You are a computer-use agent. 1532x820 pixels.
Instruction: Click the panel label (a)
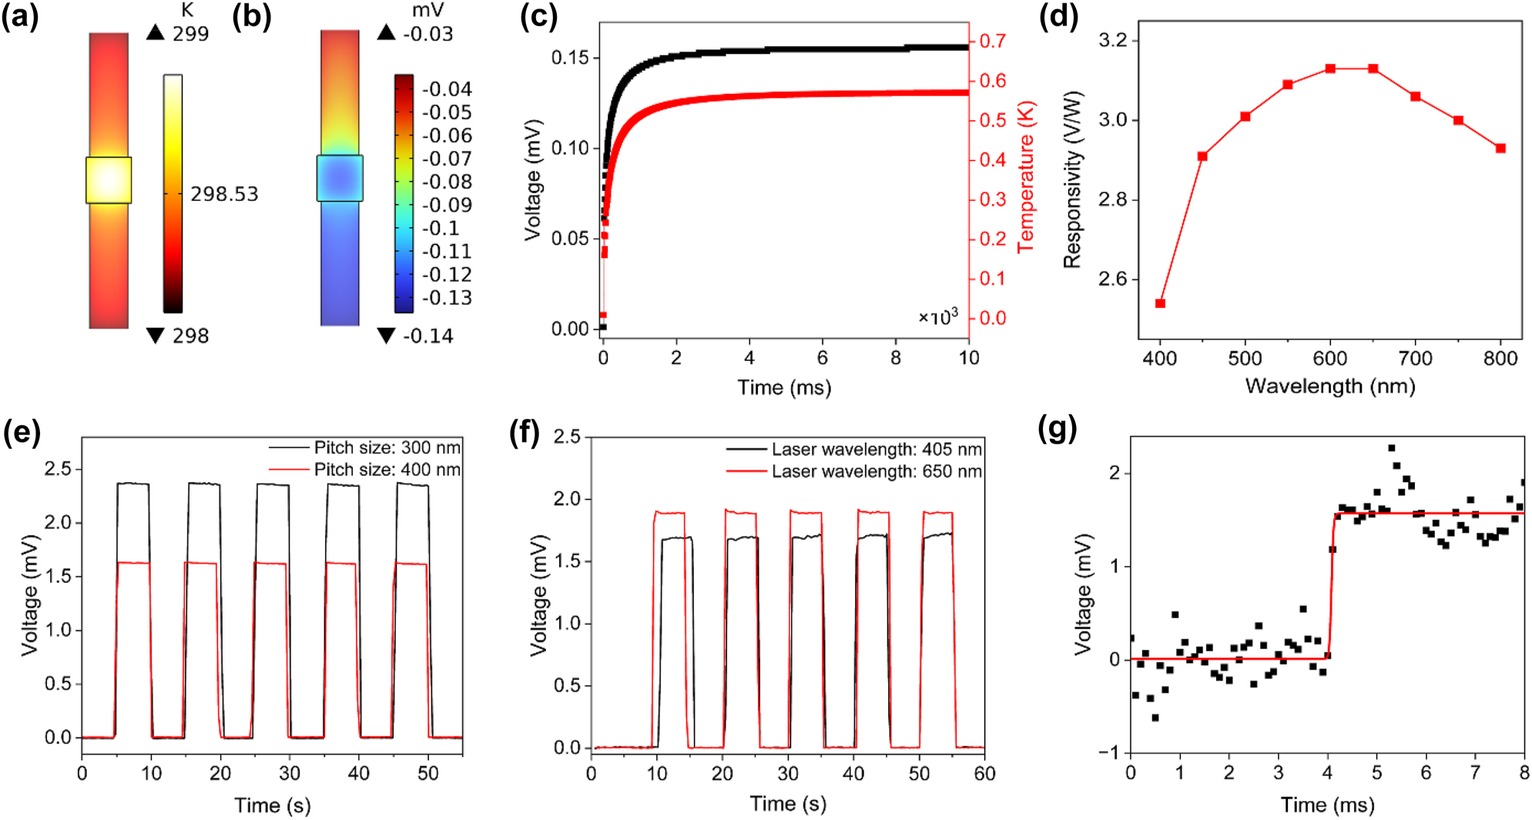tap(20, 17)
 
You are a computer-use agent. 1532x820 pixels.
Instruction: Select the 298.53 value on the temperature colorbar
tap(224, 194)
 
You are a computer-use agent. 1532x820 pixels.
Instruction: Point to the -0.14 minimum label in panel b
tap(427, 336)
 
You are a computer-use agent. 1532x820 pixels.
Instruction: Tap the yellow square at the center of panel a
tap(109, 180)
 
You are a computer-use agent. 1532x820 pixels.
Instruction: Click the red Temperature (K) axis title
tap(1026, 177)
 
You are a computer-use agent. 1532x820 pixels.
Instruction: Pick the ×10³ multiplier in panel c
tap(937, 316)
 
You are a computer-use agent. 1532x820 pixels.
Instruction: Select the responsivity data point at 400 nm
tap(1160, 303)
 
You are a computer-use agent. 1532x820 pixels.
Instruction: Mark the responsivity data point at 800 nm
tap(1500, 149)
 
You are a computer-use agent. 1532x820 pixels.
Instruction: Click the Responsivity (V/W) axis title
tap(1072, 180)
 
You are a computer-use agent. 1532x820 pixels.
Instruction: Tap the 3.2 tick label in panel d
tap(1112, 40)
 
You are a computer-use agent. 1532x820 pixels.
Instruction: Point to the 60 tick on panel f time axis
tap(984, 773)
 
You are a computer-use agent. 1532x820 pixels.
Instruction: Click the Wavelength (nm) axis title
tap(1330, 386)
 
